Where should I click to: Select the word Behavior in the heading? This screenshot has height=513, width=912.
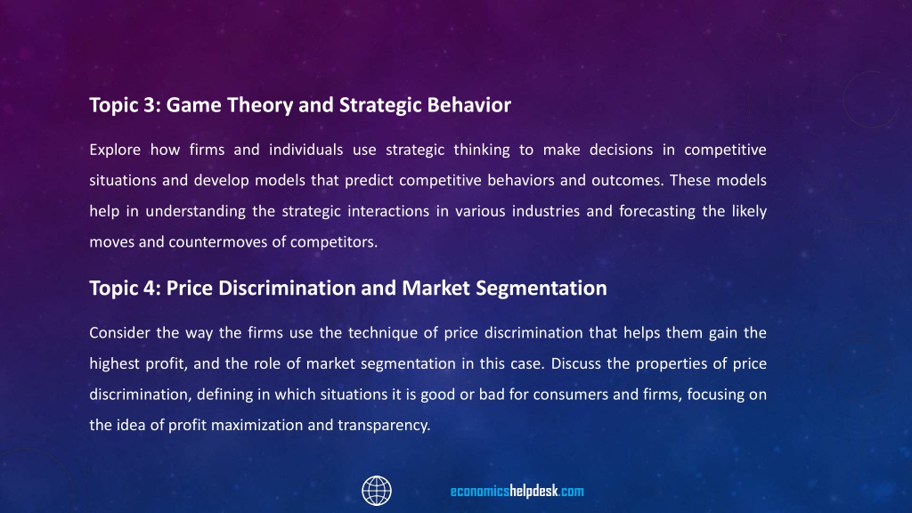tap(468, 105)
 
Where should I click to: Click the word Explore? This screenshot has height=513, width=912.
tap(115, 150)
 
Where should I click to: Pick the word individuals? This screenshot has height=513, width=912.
tap(306, 150)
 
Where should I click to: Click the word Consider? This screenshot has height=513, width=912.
tap(120, 333)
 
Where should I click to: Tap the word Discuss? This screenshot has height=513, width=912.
tap(576, 364)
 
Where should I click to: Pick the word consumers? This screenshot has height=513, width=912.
tap(570, 395)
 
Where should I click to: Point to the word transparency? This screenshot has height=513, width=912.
tap(384, 426)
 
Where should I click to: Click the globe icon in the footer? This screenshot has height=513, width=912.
tap(377, 491)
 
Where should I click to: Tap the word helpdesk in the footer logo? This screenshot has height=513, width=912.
tap(534, 492)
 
